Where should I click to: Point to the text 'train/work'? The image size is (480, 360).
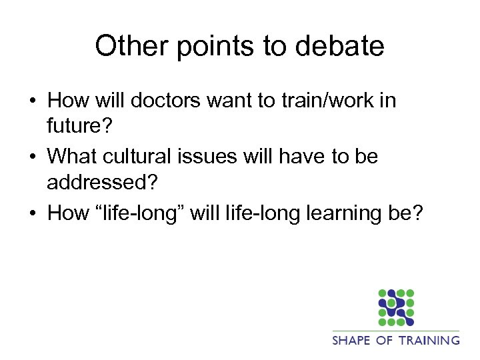[x=321, y=101]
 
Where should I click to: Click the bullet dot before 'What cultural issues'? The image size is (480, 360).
[x=33, y=157]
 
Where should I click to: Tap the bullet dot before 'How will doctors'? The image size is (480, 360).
[x=33, y=101]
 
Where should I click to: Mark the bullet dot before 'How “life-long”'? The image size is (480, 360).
[x=33, y=213]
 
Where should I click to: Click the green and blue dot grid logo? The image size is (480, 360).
[x=396, y=307]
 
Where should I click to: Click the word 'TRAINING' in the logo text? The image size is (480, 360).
[x=430, y=340]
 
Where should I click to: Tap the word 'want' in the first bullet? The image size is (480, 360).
[x=238, y=101]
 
